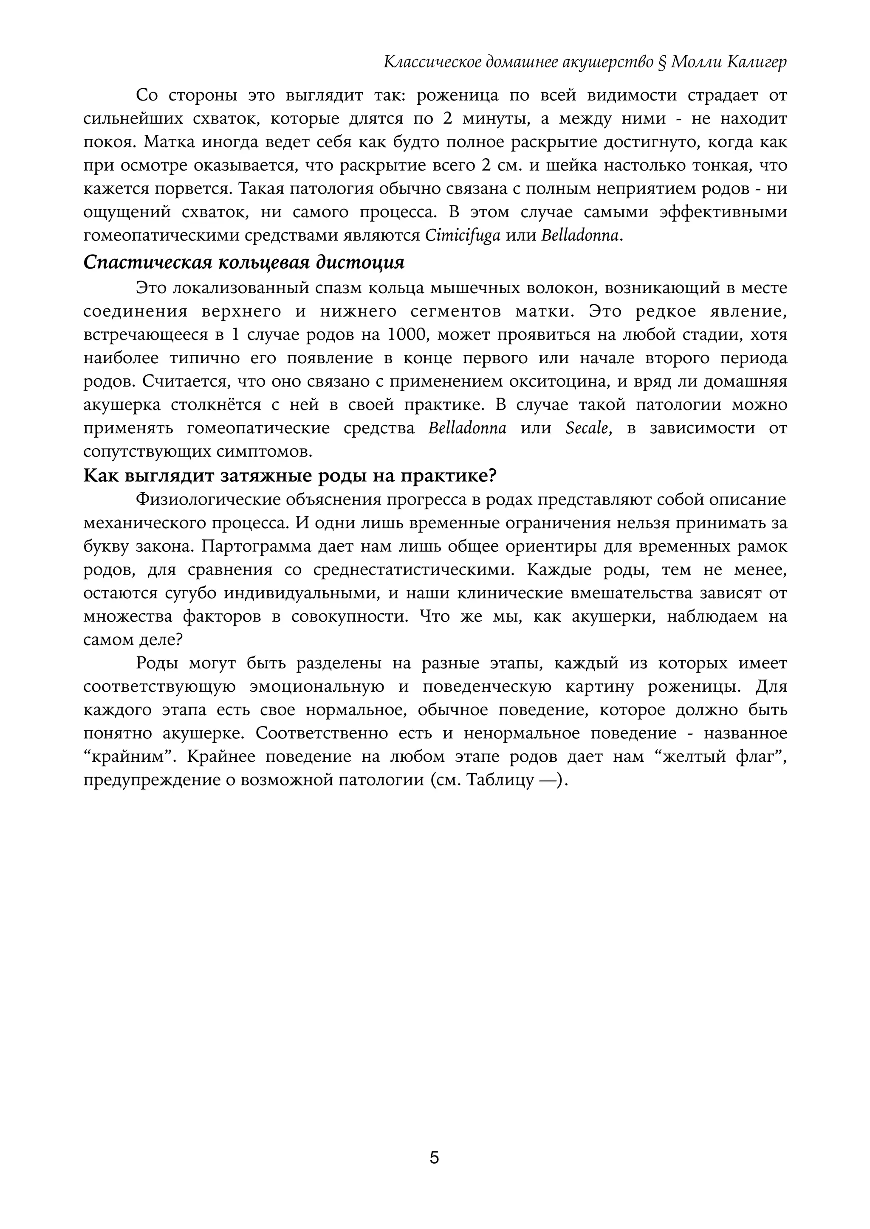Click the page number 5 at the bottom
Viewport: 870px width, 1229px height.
[x=435, y=1157]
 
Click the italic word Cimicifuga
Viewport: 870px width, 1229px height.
[x=462, y=236]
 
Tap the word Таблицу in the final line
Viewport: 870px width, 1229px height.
[x=500, y=780]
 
